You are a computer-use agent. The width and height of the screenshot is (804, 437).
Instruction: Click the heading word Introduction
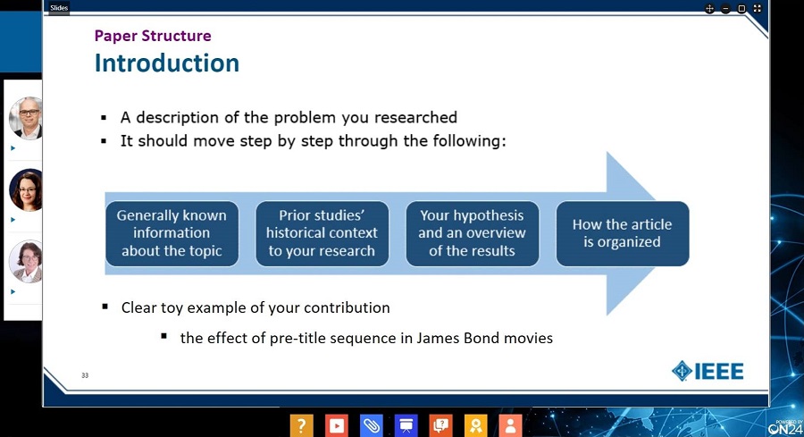[167, 63]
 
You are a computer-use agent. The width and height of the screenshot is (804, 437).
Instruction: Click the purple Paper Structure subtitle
[153, 36]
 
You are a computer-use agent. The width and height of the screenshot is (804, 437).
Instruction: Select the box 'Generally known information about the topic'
[172, 233]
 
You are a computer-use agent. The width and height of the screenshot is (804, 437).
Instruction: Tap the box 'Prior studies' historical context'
[322, 233]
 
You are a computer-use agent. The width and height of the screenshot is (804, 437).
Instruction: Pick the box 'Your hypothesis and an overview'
[473, 233]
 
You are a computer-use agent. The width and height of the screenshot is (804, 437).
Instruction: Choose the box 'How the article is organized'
[623, 233]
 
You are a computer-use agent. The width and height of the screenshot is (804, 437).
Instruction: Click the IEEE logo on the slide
[708, 371]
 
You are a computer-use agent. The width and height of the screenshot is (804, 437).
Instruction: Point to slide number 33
[85, 375]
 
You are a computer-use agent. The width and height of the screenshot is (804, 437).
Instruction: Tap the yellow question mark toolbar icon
[302, 425]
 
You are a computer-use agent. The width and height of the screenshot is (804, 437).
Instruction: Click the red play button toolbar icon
[337, 425]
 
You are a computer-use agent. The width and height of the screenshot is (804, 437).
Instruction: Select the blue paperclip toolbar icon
[372, 425]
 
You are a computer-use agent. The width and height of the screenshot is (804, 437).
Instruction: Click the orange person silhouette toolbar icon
[510, 425]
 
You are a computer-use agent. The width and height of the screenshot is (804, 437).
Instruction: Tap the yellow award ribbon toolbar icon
[476, 425]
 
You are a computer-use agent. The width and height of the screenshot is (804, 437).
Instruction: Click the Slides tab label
[59, 8]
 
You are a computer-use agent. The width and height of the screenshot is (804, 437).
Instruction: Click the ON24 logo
[785, 427]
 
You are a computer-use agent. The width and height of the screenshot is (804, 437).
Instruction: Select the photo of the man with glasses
[26, 117]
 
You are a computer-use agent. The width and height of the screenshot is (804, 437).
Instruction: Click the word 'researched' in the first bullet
[415, 117]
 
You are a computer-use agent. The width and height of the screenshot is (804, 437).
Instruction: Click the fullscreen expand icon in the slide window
[758, 8]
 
